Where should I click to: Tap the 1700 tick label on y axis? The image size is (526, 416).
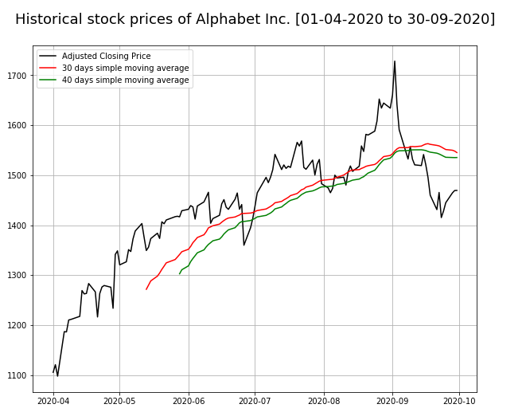18,76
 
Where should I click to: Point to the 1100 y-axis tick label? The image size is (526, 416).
18,375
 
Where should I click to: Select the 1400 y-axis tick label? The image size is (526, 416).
18,226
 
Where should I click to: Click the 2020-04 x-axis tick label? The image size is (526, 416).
53,402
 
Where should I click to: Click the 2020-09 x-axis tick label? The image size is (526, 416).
392,402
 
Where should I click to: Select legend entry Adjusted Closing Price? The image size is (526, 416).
106,57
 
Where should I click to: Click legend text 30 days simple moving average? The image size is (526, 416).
125,69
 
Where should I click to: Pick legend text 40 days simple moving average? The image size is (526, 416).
125,80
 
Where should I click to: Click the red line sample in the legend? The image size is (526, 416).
48,69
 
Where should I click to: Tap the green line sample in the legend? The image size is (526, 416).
48,80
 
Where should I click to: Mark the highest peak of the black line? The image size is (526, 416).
394,61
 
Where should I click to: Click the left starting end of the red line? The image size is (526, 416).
146,289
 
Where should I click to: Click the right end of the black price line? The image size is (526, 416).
457,190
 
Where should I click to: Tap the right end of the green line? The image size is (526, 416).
457,158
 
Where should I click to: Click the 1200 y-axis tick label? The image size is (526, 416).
18,325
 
